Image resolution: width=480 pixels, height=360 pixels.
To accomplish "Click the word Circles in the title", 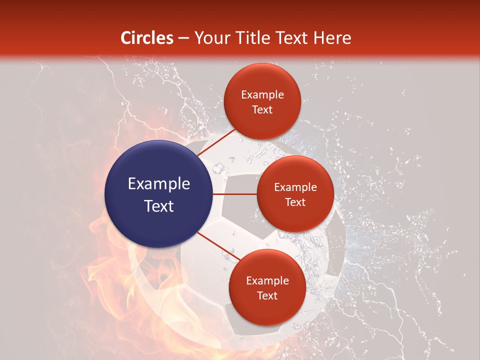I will click(147, 38).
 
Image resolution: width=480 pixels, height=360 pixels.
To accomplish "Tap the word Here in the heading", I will click(332, 38).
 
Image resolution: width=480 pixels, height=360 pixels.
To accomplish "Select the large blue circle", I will click(158, 194).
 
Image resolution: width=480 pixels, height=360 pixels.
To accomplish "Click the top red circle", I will click(262, 101).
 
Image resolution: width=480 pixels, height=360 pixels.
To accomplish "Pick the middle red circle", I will click(295, 194).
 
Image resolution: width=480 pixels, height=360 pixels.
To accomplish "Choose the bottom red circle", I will click(267, 287).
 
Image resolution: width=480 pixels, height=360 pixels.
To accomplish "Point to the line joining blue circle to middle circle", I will click(234, 194).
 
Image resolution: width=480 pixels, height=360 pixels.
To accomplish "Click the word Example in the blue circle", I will click(158, 184).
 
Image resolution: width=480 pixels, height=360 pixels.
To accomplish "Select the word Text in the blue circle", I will click(158, 205).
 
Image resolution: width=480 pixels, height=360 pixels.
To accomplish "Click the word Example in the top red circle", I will click(262, 94).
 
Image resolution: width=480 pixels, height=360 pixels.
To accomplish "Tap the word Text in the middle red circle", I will click(295, 202).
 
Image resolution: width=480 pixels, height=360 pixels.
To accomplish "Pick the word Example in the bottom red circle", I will click(267, 280).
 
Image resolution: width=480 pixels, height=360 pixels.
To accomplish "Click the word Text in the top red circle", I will click(262, 109).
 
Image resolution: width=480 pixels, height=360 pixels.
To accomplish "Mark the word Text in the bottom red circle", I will click(267, 295).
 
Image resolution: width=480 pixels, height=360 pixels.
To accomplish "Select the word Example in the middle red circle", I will click(295, 187).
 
